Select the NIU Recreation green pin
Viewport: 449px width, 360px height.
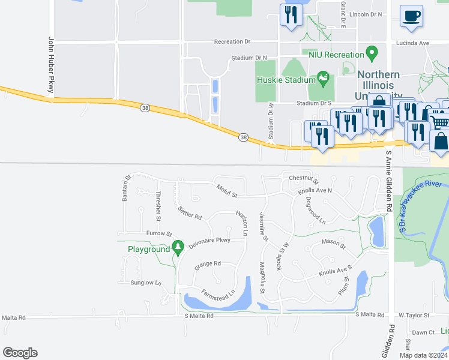tap(372, 54)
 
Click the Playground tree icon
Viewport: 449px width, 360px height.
tap(178, 247)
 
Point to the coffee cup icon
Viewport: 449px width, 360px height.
tap(411, 17)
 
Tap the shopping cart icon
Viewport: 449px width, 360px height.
tap(441, 122)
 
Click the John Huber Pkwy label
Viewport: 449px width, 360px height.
tap(52, 66)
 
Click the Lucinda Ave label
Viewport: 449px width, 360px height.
tap(412, 43)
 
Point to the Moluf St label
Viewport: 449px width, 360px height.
tap(228, 190)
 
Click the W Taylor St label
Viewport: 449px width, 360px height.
tap(414, 315)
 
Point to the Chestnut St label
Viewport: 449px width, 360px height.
tap(303, 178)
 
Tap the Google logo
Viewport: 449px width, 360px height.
tap(20, 352)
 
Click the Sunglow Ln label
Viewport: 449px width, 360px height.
tap(146, 283)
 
